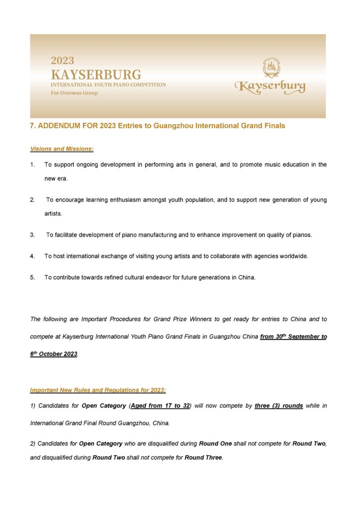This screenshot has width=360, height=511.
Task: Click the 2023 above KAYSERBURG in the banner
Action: (62, 61)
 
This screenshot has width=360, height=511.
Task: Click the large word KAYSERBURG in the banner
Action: (96, 75)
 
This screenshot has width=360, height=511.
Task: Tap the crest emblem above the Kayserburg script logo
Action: (271, 68)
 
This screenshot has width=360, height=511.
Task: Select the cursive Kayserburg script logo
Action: (270, 87)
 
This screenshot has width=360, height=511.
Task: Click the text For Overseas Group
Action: (74, 93)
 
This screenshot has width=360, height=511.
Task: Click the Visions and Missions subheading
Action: (62, 149)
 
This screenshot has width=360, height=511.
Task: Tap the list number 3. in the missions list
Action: (32, 235)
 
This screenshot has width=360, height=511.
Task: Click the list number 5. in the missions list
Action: (32, 277)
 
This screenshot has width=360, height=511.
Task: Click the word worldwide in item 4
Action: (294, 256)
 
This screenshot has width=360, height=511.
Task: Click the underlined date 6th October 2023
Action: (53, 354)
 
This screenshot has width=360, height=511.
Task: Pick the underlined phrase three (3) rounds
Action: (279, 406)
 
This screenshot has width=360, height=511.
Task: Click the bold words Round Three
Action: (203, 457)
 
